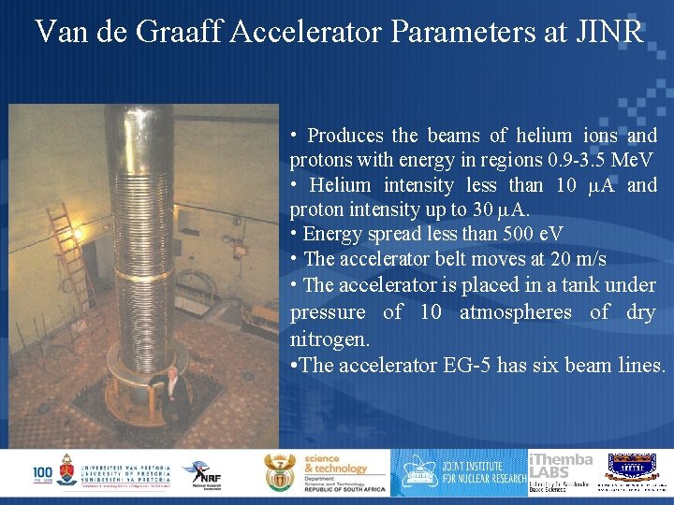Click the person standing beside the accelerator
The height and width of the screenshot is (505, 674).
pos(171,388)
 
